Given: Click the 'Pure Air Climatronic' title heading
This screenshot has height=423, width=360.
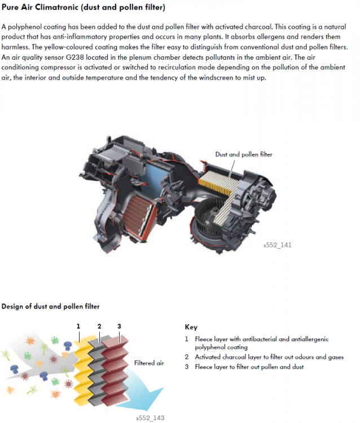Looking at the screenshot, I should pos(83,8).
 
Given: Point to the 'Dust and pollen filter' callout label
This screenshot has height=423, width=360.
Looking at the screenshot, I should pos(244,154).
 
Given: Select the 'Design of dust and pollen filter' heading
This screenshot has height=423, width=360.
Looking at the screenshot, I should pos(51,306).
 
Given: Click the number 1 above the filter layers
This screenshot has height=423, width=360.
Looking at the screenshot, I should pos(78,326).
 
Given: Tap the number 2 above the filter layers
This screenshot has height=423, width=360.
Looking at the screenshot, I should pos(99,326).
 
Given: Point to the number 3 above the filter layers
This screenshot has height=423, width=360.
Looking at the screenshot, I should pos(119,326).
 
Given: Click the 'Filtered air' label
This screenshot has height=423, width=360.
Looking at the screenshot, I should pos(149,363).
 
